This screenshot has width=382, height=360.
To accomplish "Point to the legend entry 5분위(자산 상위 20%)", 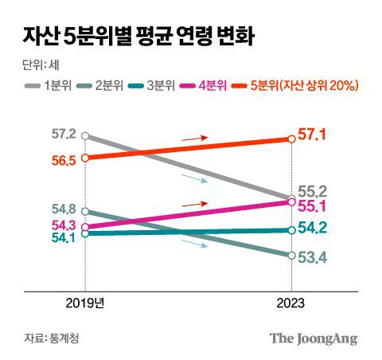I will point(300,84).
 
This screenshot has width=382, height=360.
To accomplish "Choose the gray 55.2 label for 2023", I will point(313,191).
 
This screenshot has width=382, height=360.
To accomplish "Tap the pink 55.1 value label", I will point(313,206).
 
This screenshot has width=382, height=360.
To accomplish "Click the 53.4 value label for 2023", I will point(313,256).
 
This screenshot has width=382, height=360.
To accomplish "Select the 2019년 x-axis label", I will point(84,303).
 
